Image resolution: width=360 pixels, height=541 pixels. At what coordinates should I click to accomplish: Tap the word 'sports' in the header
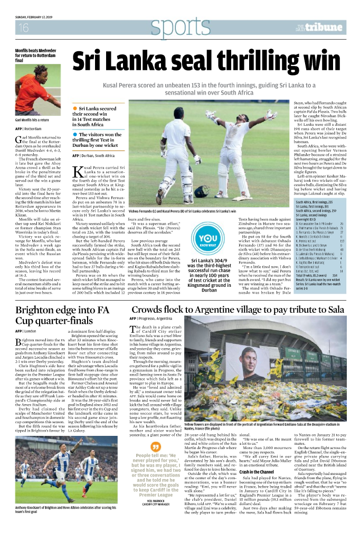[179, 26]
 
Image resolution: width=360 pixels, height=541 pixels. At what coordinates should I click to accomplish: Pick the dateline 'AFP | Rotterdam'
[29, 128]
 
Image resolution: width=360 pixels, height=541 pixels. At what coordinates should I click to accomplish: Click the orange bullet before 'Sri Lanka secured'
[75, 108]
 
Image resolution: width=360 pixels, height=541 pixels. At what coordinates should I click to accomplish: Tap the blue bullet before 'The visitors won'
[75, 135]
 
